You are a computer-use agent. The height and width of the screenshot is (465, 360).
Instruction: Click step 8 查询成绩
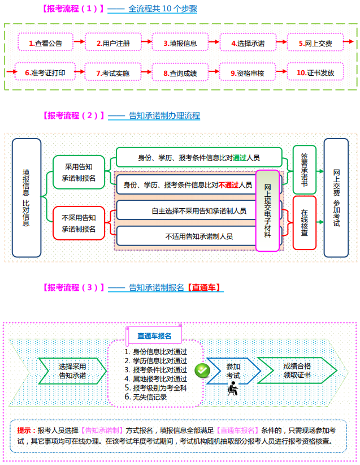click(180, 72)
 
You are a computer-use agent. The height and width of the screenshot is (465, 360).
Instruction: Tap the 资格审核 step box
click(248, 72)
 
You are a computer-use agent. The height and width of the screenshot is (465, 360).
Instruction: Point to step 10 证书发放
click(315, 72)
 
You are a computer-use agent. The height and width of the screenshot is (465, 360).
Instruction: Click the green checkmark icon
click(202, 369)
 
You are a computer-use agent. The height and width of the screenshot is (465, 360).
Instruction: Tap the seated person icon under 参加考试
click(232, 389)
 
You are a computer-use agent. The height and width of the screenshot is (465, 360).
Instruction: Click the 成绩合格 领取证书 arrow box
click(297, 370)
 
